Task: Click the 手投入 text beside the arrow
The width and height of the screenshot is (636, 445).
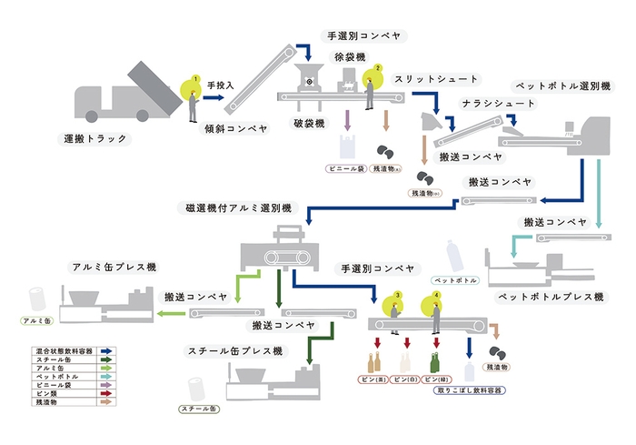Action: [x=221, y=86]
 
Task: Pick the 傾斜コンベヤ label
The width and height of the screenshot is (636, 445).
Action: [x=234, y=129]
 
